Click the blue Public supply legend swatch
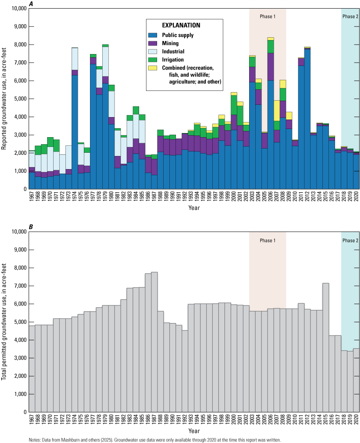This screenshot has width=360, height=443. [157, 35]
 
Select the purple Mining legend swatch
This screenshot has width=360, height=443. [157, 43]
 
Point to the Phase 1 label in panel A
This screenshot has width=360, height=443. [268, 16]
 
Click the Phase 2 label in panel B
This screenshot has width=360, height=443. [350, 241]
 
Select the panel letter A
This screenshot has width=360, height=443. [31, 5]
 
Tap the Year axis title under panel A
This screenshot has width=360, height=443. [194, 208]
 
